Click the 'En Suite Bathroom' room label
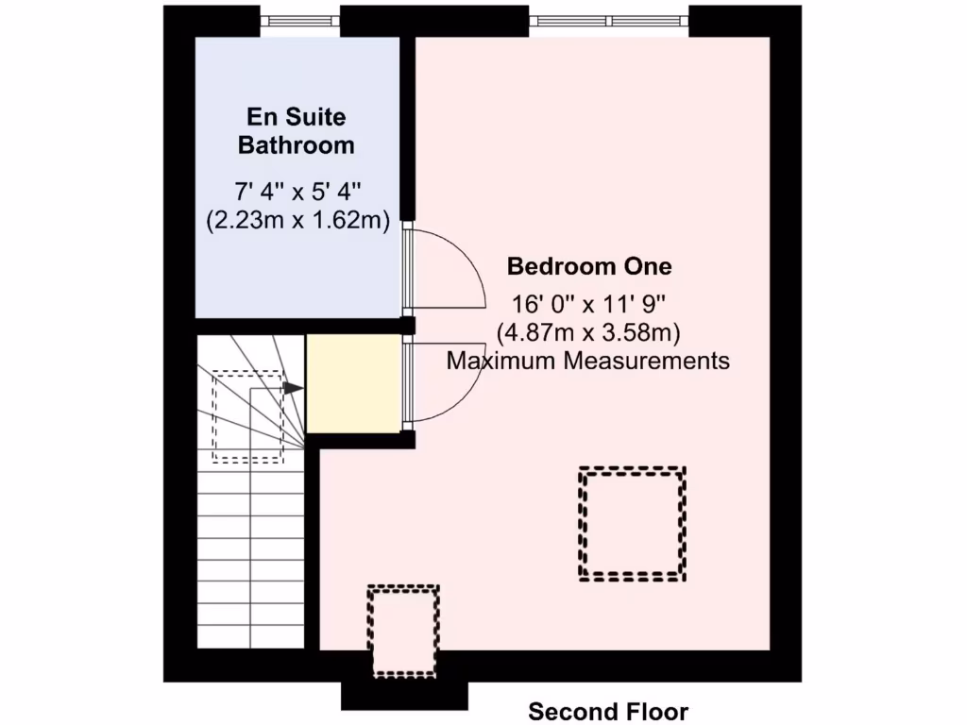click(x=297, y=131)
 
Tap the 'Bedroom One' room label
click(x=589, y=266)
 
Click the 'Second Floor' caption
click(x=608, y=711)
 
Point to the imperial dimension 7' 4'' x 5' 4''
click(x=297, y=194)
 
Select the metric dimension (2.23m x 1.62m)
click(x=297, y=220)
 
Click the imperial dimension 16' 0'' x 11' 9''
click(x=589, y=305)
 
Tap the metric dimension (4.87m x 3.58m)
click(x=589, y=332)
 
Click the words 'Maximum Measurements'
click(x=587, y=360)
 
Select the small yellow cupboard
click(x=353, y=383)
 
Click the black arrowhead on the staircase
click(x=294, y=388)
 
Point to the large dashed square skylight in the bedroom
click(x=632, y=523)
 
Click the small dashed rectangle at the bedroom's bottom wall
click(x=404, y=631)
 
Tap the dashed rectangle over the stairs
click(x=247, y=415)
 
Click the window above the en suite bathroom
click(x=299, y=20)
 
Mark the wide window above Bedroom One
click(x=608, y=20)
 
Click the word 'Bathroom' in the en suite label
click(x=297, y=145)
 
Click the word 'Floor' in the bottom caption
click(x=658, y=711)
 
